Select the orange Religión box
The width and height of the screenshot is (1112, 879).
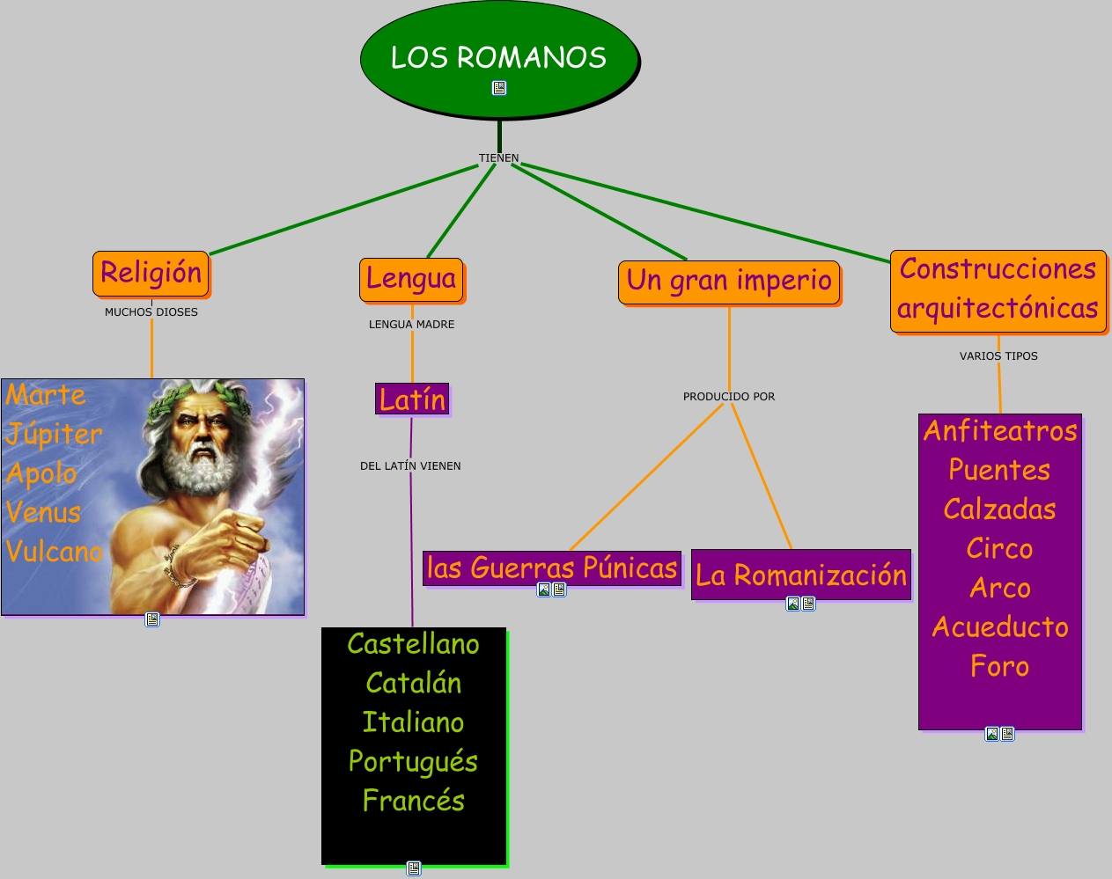151,274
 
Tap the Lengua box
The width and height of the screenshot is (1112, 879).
411,280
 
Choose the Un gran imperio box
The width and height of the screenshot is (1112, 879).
729,282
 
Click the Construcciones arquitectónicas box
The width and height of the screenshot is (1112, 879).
998,290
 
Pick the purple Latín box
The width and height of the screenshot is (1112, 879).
412,399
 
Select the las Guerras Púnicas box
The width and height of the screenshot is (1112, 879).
552,568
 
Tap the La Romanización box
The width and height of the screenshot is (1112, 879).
800,575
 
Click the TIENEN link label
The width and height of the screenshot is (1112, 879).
498,158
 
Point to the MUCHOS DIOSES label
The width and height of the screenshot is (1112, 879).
151,312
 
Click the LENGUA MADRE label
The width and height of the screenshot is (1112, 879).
411,325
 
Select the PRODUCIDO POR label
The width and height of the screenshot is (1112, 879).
729,397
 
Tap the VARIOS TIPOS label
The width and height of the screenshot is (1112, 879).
998,356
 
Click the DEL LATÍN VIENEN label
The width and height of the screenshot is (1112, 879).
410,466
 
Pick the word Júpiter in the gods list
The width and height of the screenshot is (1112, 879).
55,434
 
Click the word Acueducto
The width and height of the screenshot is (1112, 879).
1000,627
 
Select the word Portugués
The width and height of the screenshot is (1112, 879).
413,762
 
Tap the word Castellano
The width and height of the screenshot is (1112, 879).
413,644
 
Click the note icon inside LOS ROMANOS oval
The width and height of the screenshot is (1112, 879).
499,88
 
